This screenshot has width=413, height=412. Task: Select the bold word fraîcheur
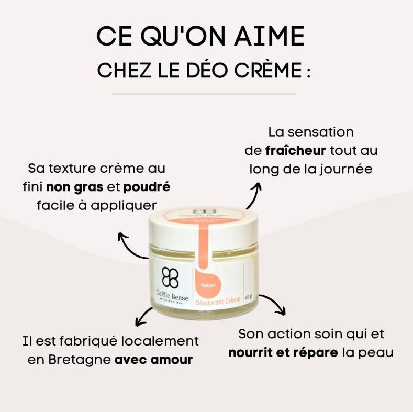(x=295, y=151)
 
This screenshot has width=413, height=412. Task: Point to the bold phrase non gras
(x=75, y=186)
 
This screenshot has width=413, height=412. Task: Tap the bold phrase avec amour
(x=153, y=360)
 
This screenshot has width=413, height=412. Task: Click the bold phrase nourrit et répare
(x=283, y=352)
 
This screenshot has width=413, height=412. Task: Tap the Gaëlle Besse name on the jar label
(x=172, y=296)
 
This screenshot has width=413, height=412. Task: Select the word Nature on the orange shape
(x=209, y=285)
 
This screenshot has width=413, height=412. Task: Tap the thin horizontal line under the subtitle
(x=204, y=94)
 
